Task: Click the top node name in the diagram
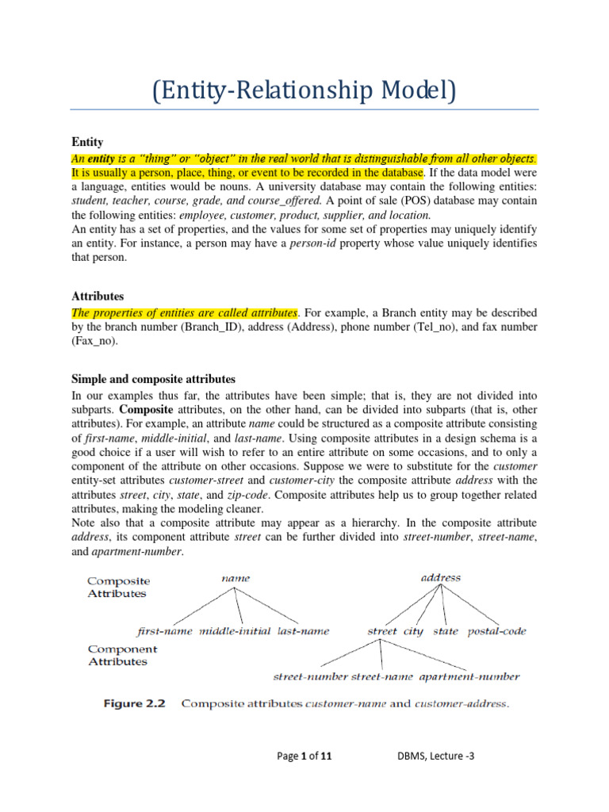click(x=236, y=578)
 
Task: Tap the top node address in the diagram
click(x=439, y=577)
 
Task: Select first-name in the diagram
click(x=166, y=631)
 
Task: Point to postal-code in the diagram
click(x=496, y=631)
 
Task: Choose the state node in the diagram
click(x=446, y=631)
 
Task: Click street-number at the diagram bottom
click(x=310, y=676)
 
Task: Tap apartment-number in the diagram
click(x=469, y=676)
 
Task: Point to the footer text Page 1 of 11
click(x=304, y=756)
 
